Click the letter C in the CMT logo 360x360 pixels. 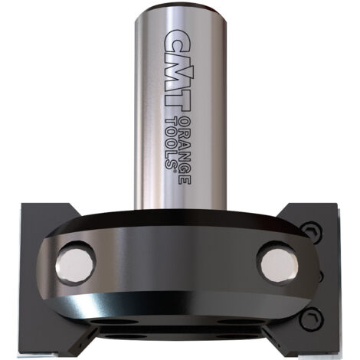click(175, 41)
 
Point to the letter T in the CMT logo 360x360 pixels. click(177, 100)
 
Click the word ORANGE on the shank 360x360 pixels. click(184, 150)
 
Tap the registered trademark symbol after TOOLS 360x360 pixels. click(175, 171)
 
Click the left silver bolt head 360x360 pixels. click(74, 263)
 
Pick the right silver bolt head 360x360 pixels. click(279, 263)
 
